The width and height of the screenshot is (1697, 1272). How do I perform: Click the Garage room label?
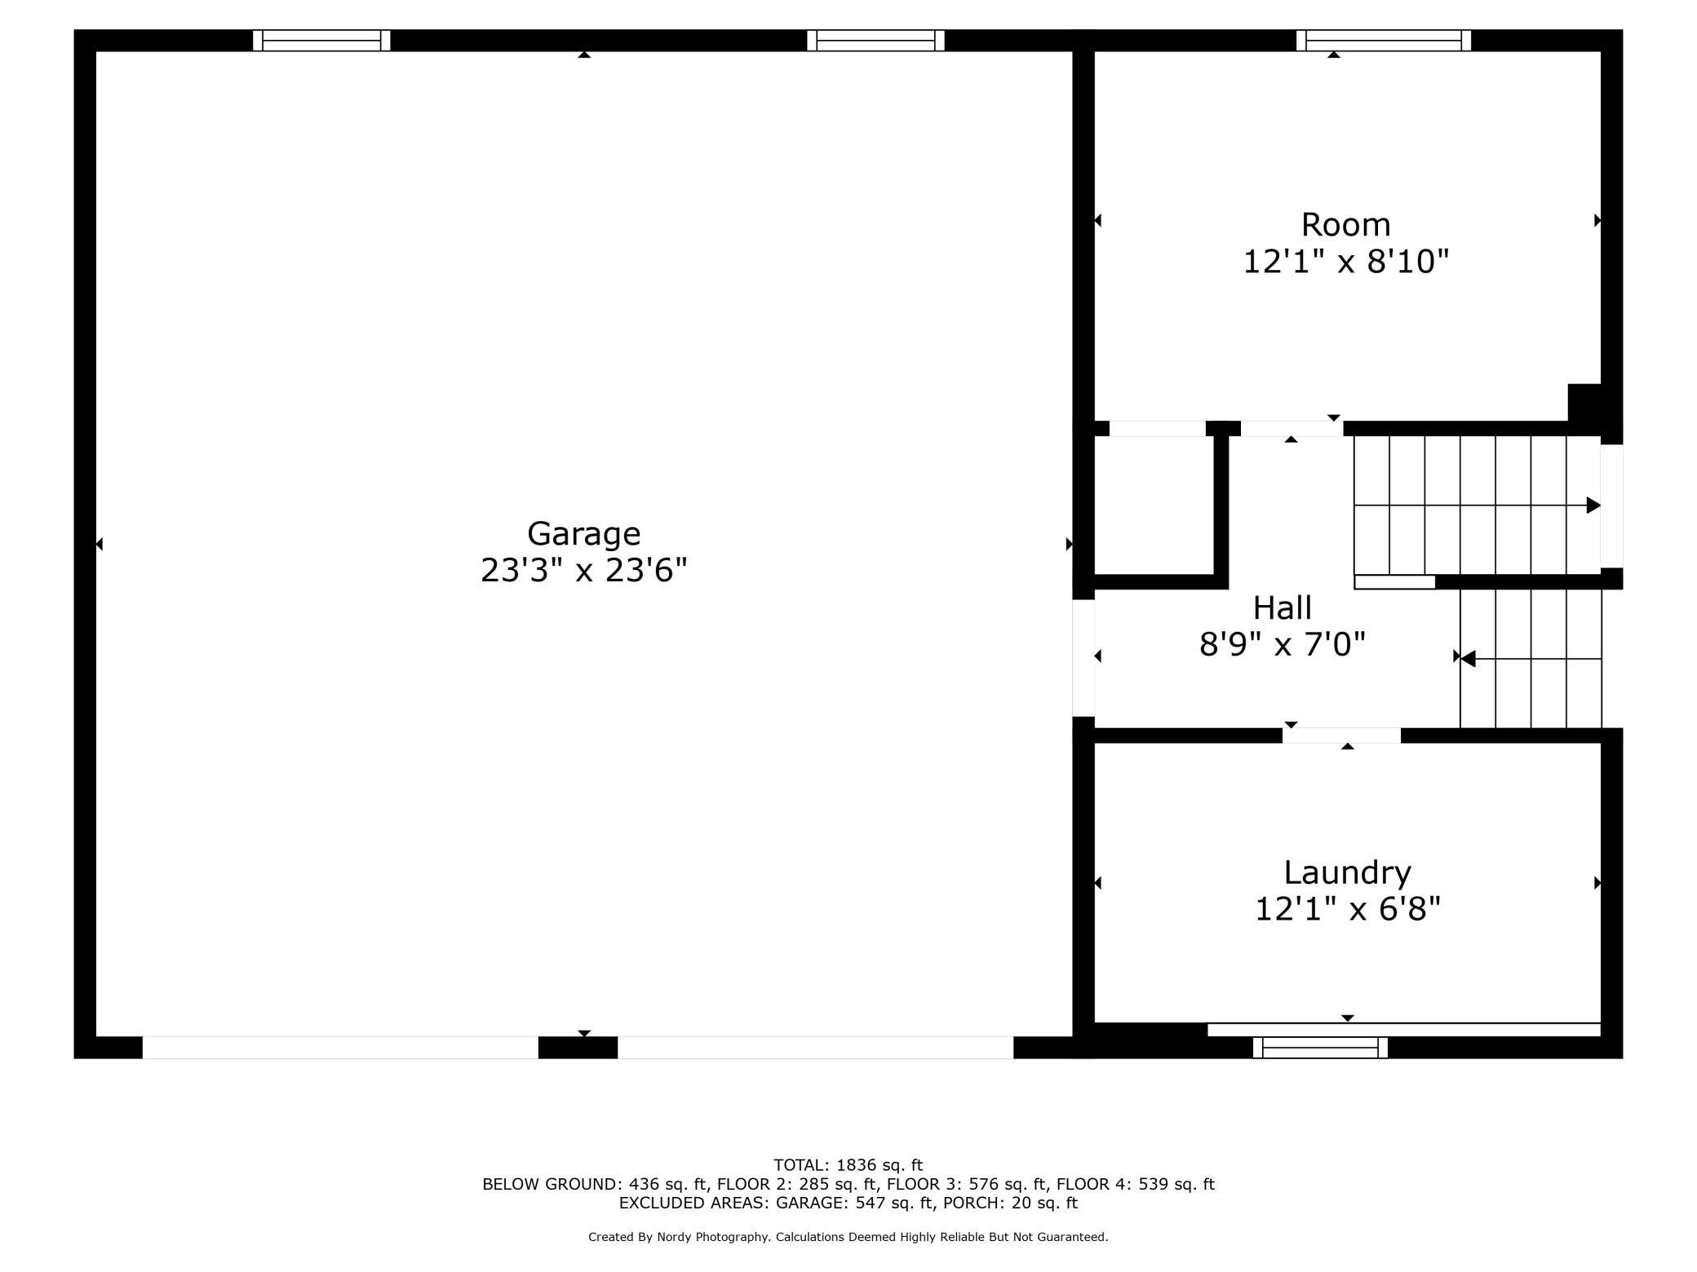(x=583, y=534)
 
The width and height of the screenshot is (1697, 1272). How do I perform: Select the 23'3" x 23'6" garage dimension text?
(x=583, y=570)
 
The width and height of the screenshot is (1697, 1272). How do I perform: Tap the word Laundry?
(x=1347, y=873)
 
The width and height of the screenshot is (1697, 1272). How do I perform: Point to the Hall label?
(x=1282, y=607)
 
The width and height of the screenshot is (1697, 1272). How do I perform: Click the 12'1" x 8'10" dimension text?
(x=1345, y=262)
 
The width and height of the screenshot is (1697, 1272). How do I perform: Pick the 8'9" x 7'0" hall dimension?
(x=1282, y=644)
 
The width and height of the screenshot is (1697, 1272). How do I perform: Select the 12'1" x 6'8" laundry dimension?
(x=1347, y=908)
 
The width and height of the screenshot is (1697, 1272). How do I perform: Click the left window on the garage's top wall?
(x=321, y=40)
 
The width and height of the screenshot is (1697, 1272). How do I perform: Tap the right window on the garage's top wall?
(x=875, y=40)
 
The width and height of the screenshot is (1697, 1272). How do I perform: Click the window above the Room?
(x=1384, y=40)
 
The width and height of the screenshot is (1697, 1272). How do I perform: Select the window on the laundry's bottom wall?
(x=1320, y=1048)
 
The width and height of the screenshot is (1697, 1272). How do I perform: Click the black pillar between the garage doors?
(x=578, y=1048)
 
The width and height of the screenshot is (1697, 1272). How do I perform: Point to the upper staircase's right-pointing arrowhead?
(x=1593, y=506)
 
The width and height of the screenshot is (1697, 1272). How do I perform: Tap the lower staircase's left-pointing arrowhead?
(x=1468, y=658)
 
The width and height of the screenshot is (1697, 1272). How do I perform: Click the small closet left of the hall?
(x=1154, y=506)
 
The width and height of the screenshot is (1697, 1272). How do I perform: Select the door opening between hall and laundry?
(x=1341, y=735)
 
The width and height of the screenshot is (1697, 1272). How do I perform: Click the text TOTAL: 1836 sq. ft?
(x=848, y=1165)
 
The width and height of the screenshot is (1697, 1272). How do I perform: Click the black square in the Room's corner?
(x=1584, y=403)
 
